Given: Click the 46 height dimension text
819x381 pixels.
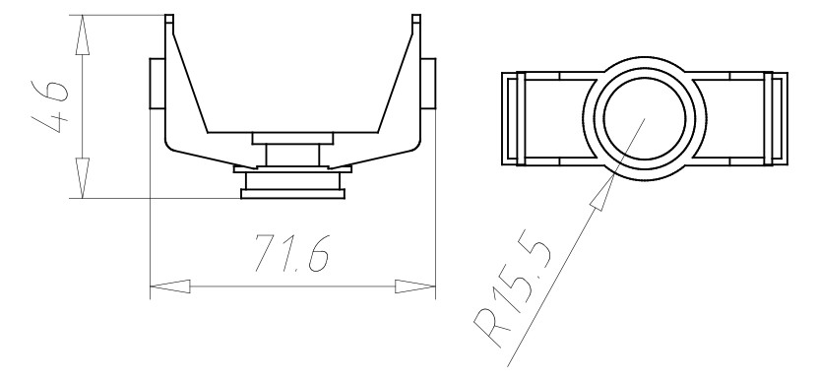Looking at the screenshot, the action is (50, 107).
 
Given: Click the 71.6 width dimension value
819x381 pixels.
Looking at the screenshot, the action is (291, 253).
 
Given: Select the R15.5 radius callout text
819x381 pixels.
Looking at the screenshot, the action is (513, 295).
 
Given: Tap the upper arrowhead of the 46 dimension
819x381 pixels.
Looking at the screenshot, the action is (82, 35).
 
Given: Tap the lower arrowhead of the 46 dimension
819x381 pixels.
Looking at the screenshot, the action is (82, 177).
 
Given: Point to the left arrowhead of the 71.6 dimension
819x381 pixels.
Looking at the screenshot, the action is (170, 286).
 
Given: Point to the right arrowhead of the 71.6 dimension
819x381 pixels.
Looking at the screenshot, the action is (415, 286).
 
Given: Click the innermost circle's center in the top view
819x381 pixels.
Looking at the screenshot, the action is (645, 119).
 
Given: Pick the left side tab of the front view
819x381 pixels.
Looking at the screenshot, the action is (157, 84).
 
